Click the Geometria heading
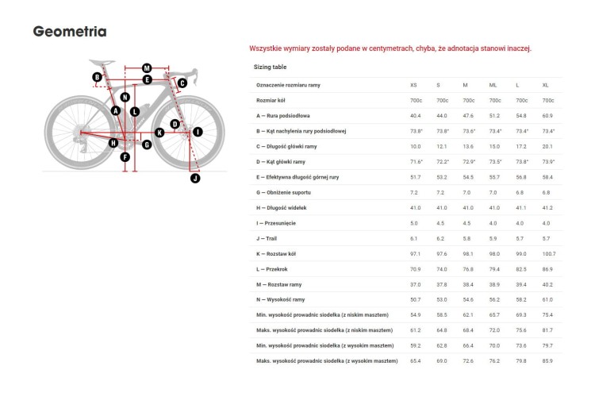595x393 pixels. point(70,32)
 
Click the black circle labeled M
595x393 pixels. point(147,68)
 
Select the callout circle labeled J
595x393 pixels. point(195,179)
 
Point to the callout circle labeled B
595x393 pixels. point(97,77)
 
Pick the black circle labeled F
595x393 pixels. point(125,157)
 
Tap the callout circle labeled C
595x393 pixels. point(182,83)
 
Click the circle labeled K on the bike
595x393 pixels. point(159,133)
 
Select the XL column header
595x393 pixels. point(545,85)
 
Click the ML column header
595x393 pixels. point(494,85)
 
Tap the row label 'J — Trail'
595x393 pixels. point(267,238)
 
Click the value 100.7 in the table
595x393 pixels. point(548,254)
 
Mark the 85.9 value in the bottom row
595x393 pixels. point(547,361)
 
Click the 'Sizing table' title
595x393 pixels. point(270,68)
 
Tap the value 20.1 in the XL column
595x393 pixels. point(547,147)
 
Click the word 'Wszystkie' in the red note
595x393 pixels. point(265,48)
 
